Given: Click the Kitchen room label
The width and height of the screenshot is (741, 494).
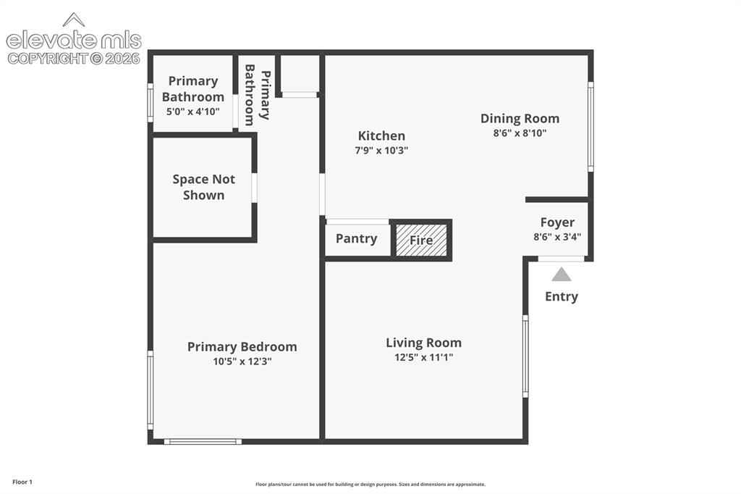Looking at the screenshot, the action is tap(381, 135).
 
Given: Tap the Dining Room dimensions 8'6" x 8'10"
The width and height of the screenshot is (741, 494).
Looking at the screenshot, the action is tap(520, 133).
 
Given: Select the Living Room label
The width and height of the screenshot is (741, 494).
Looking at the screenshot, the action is tap(423, 343).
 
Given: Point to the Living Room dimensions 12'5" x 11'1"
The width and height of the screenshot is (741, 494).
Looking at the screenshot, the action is tap(423, 357).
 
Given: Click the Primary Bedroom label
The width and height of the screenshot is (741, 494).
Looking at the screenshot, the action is tap(242, 347).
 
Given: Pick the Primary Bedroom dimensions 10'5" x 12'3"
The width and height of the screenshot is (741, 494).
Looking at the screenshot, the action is tap(242, 361).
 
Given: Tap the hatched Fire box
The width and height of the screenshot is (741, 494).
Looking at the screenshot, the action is tap(421, 240).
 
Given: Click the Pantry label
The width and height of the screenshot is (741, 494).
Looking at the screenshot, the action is tap(356, 238).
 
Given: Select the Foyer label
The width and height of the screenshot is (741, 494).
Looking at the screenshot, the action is tap(557, 222).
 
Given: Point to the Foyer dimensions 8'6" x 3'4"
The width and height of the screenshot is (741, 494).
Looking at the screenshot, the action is tap(557, 237).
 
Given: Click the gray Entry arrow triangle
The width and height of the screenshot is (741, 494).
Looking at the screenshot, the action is tap(562, 275).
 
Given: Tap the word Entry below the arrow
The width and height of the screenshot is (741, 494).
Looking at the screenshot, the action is tap(562, 297).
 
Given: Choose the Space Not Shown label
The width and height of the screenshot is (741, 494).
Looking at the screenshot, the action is tap(203, 187).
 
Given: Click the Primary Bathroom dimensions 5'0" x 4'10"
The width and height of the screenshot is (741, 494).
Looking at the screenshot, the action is tap(192, 112).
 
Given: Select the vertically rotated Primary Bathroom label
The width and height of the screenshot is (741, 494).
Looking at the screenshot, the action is tap(258, 95).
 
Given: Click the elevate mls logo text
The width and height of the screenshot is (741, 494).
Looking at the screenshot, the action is tap(74, 41).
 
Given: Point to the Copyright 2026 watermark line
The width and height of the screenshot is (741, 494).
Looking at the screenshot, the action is tap(74, 59).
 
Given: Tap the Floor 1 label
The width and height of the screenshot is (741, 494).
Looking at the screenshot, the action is tap(22, 482).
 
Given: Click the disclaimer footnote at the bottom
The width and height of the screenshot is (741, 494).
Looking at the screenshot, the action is tap(370, 484).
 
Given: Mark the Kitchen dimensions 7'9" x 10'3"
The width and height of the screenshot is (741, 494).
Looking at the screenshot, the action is tap(381, 151).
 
